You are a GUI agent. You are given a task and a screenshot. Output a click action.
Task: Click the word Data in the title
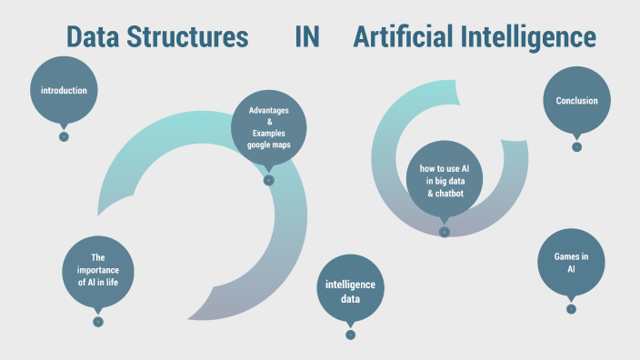coord(93,38)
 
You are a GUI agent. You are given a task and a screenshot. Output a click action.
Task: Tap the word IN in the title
coord(307,38)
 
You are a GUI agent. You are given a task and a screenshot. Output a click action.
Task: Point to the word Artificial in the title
coord(403,38)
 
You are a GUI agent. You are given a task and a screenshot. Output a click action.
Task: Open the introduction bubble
coord(64,90)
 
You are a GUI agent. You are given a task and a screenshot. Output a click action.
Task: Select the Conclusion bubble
coord(576,100)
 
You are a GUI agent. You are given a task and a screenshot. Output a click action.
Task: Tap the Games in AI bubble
coord(571,263)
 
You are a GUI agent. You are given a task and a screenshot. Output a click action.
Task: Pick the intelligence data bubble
coord(350,291)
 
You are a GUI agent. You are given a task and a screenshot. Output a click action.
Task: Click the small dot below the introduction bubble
coord(64,136)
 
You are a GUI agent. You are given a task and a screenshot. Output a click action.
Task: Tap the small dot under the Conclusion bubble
coord(576,146)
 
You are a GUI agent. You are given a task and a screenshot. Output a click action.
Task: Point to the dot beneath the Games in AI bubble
coord(571,309)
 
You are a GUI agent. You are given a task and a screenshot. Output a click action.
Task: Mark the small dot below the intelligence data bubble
coord(350,335)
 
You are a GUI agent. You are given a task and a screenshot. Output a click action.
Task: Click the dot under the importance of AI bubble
coord(98,321)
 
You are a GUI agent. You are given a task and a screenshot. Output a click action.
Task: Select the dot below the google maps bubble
coord(268,180)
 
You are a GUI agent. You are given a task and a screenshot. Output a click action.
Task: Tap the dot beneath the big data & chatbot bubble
coord(445,232)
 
